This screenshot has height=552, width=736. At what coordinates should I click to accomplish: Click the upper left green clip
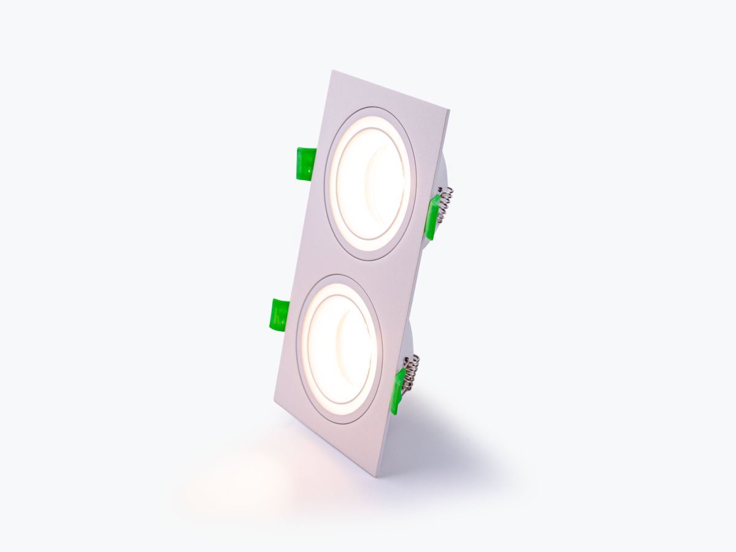pyautogui.click(x=305, y=164)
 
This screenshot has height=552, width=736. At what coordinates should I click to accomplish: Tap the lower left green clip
pyautogui.click(x=279, y=315)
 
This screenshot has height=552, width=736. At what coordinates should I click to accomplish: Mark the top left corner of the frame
pyautogui.click(x=332, y=71)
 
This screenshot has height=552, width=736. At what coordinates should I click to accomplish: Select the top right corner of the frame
pyautogui.click(x=448, y=111)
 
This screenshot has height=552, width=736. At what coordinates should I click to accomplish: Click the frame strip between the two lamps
pyautogui.click(x=362, y=269)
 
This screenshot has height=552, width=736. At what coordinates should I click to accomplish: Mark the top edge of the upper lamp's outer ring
pyautogui.click(x=375, y=109)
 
